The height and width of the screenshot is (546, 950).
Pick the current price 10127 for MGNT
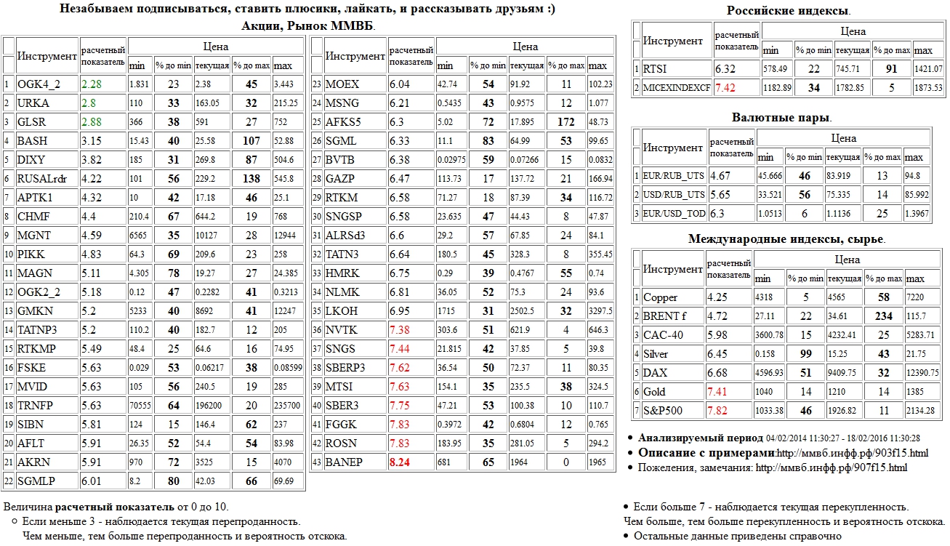pyautogui.click(x=208, y=235)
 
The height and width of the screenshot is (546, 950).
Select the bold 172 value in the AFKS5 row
pyautogui.click(x=566, y=122)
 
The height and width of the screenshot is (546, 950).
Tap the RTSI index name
pyautogui.click(x=656, y=70)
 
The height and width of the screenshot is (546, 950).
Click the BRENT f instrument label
pyautogui.click(x=664, y=316)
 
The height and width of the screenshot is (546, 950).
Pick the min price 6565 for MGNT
pyautogui.click(x=139, y=235)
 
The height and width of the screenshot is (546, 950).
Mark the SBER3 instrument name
pyautogui.click(x=342, y=405)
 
